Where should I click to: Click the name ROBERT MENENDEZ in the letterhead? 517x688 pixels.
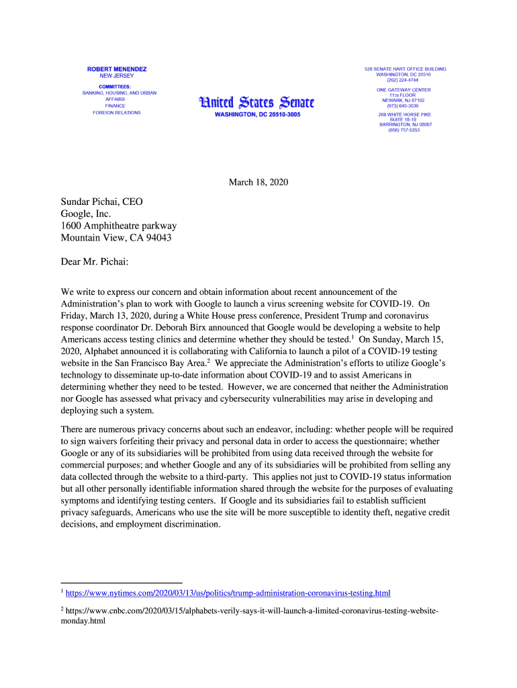[x=117, y=69]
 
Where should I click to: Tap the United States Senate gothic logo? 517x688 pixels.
[x=256, y=102]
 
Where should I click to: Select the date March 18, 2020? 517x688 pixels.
[x=258, y=182]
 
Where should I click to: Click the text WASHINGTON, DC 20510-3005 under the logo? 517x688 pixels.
[x=256, y=115]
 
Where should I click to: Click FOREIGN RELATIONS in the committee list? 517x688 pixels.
[x=117, y=113]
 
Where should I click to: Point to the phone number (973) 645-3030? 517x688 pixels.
[x=404, y=105]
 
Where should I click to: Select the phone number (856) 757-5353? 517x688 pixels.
[x=404, y=130]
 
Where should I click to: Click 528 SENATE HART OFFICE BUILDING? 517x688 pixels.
[x=405, y=69]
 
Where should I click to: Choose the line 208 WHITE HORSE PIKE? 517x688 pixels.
[x=405, y=114]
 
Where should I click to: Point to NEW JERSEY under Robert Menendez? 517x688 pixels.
[x=117, y=76]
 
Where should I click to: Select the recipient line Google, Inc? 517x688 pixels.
[x=85, y=214]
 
